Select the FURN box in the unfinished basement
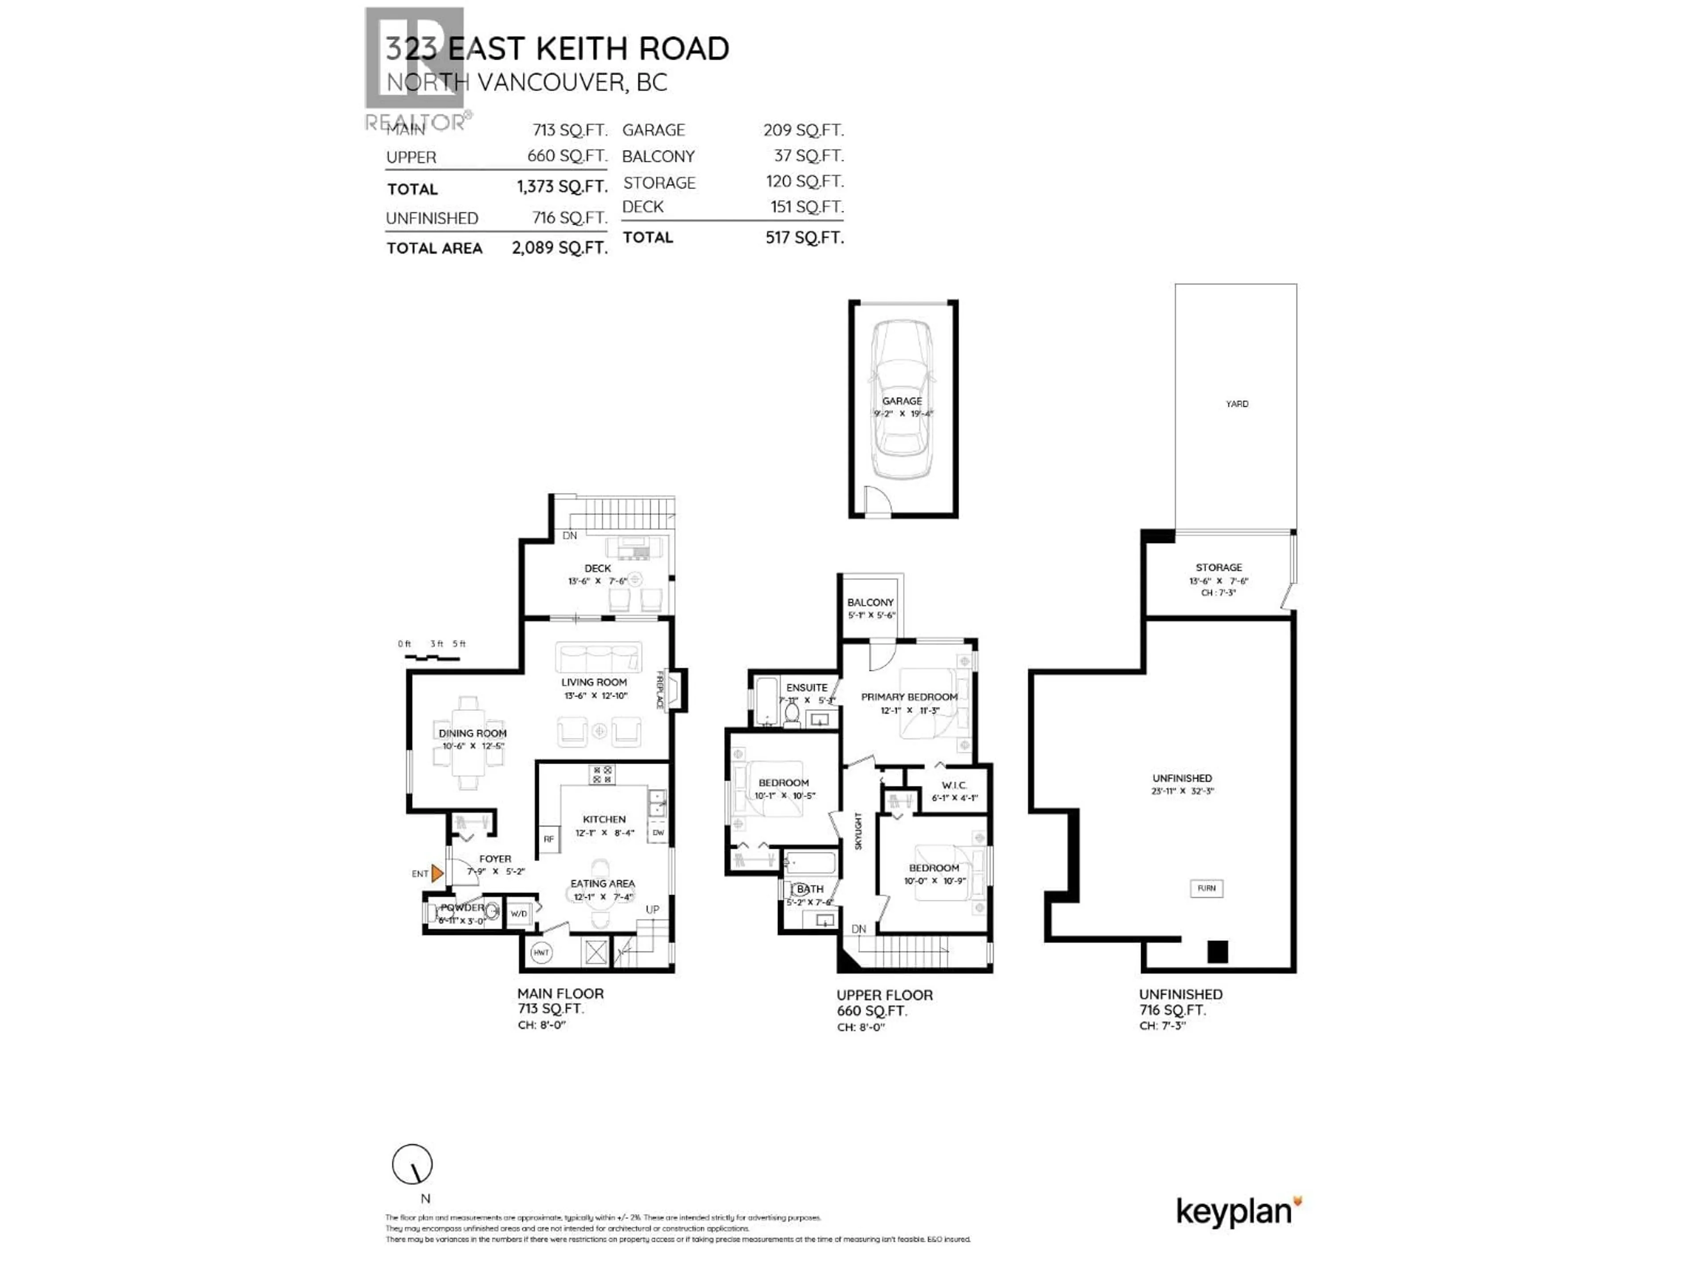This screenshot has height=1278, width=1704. point(1207,888)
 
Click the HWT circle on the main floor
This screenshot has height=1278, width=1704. point(541,952)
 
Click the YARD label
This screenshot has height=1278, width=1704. point(1237,404)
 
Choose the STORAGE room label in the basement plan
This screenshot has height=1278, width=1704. point(1219,567)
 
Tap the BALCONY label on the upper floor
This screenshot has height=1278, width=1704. point(871,603)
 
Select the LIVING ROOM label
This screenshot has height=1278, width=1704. point(594,682)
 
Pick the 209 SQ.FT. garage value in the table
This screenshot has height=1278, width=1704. point(804,130)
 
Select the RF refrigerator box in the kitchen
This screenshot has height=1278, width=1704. point(548,839)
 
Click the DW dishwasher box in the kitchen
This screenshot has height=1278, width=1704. point(659,833)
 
